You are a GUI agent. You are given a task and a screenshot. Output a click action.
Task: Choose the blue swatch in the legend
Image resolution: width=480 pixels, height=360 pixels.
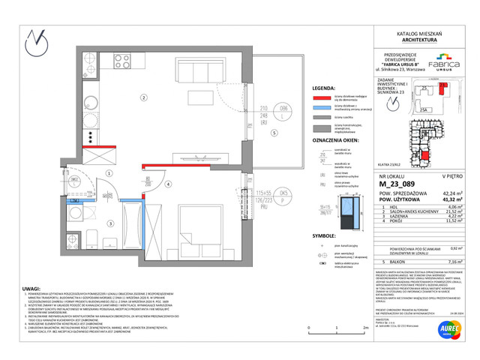[x=322, y=107]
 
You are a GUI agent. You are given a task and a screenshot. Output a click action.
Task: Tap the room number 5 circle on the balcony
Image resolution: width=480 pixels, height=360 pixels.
[x=274, y=133]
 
